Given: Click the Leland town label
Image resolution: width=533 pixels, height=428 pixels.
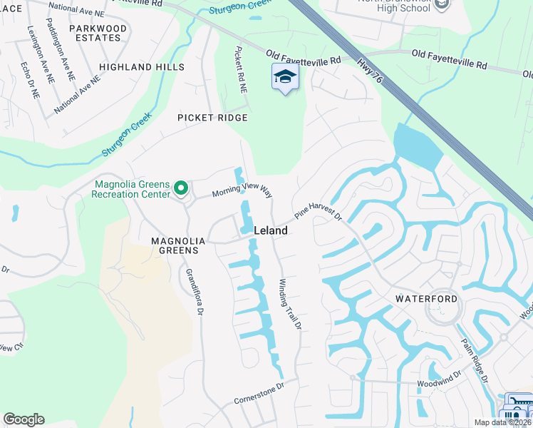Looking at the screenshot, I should [271, 230].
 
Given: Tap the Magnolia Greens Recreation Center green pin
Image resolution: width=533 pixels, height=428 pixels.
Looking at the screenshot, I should [181, 189].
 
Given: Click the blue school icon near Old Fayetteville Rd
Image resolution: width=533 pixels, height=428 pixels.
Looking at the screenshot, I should [285, 77].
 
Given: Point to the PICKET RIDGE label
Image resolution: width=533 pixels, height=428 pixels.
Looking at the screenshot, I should [212, 117].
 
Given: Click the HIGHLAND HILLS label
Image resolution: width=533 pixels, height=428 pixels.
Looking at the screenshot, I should [142, 67].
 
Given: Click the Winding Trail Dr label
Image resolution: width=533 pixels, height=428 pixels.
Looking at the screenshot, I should [291, 303].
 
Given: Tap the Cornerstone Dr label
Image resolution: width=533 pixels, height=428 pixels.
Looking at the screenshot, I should [259, 393].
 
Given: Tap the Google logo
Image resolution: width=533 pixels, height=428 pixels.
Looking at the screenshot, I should [24, 419].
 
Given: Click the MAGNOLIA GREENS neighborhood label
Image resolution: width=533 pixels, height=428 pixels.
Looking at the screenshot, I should [178, 246].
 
